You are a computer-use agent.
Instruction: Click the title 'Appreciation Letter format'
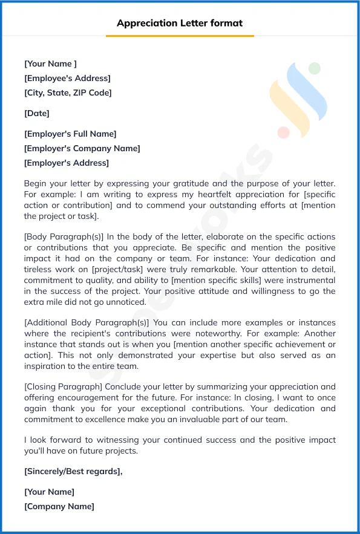[x=180, y=24]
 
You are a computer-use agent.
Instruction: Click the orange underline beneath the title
[x=180, y=36]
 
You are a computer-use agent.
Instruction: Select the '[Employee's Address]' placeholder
[x=67, y=78]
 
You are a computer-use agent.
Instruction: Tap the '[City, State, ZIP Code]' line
[x=68, y=93]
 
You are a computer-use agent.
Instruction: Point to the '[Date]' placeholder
[x=37, y=113]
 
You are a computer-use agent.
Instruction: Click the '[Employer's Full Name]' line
[x=70, y=134]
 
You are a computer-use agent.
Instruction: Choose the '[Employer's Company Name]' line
[x=82, y=148]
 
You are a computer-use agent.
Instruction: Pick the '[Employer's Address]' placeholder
[x=67, y=163]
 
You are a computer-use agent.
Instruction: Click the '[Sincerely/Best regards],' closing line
[x=73, y=471]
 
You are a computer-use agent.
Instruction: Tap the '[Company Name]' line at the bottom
[x=59, y=506]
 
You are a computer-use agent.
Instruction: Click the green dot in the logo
[x=313, y=68]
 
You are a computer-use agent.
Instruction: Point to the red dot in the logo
[x=283, y=132]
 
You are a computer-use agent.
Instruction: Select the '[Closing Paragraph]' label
[x=64, y=387]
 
